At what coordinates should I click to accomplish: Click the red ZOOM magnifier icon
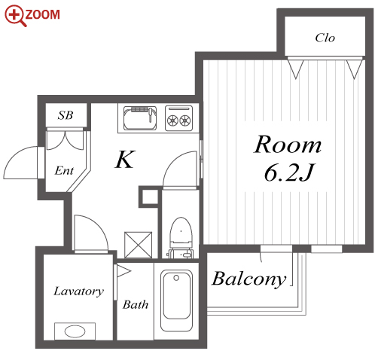point(14,16)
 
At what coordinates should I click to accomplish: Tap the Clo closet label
point(325,38)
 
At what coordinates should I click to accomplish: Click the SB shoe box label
point(66,115)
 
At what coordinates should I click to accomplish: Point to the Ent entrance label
point(64,171)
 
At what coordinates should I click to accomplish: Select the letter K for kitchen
point(125,159)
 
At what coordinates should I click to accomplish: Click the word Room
point(288,145)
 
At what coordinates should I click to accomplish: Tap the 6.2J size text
point(289,173)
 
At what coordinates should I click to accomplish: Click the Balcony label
point(249,279)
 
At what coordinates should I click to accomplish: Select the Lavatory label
point(78,291)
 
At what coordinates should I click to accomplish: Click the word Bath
point(136,304)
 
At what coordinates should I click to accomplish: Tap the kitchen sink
point(140,118)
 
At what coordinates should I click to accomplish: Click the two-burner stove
point(178,118)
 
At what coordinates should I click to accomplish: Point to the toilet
point(181,238)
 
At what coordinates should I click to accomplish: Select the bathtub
point(176,301)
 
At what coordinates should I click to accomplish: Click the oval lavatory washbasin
point(75,331)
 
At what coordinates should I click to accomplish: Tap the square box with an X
point(139,245)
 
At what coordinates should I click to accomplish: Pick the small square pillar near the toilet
point(148,197)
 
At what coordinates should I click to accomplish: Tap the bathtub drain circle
point(176,278)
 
